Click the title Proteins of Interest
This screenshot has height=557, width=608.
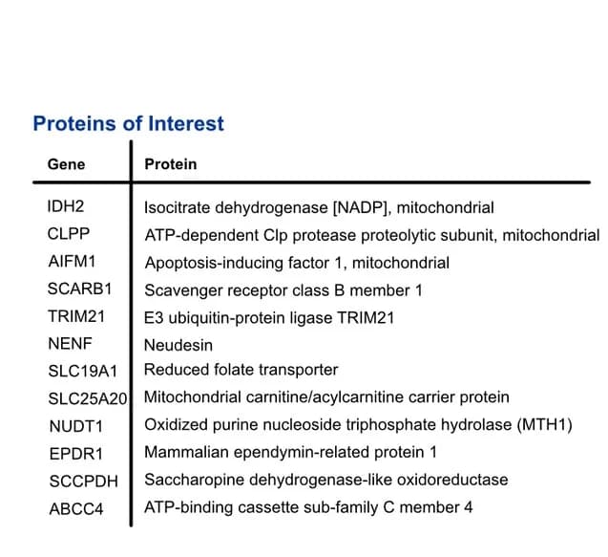pyautogui.click(x=128, y=124)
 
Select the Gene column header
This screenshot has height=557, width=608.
pyautogui.click(x=66, y=164)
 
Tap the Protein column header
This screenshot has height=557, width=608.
pyautogui.click(x=171, y=164)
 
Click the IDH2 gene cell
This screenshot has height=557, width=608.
pyautogui.click(x=66, y=206)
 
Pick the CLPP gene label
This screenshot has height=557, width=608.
pyautogui.click(x=69, y=234)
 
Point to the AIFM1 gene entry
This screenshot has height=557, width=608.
pyautogui.click(x=72, y=261)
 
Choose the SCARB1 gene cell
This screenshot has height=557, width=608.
pyautogui.click(x=79, y=289)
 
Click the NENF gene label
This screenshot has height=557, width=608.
pyautogui.click(x=71, y=344)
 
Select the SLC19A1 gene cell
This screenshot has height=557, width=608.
pyautogui.click(x=83, y=371)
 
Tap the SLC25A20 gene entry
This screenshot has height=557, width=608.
pyautogui.click(x=88, y=398)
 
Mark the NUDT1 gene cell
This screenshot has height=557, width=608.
pyautogui.click(x=76, y=426)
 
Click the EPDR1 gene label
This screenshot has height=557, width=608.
pyautogui.click(x=76, y=454)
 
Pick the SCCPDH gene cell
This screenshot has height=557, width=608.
pyautogui.click(x=84, y=482)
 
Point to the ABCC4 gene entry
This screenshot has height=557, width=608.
pyautogui.click(x=76, y=509)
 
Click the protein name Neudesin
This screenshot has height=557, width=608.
pyautogui.click(x=178, y=345)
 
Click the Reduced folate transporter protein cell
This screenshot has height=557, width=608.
pyautogui.click(x=241, y=370)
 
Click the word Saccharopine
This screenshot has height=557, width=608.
pyautogui.click(x=194, y=480)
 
